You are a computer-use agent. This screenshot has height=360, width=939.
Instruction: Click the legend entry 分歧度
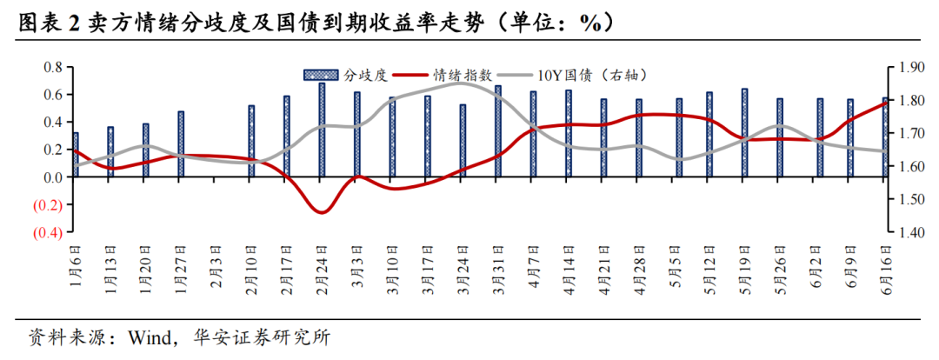(348, 76)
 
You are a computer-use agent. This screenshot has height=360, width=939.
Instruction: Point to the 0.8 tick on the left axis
(53, 67)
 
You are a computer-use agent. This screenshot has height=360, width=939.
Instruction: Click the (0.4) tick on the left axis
(48, 233)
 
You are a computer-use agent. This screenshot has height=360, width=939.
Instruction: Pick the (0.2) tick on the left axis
(48, 205)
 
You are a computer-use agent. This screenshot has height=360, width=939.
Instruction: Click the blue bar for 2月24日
(322, 130)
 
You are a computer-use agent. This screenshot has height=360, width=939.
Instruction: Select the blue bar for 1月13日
(110, 152)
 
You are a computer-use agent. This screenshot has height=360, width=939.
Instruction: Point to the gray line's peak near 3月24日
(461, 83)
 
